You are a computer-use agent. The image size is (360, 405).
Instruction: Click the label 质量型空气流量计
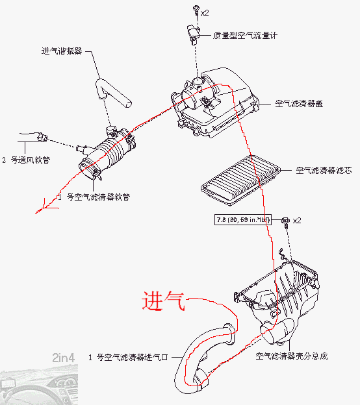[246, 36]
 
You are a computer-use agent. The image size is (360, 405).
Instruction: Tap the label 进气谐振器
[62, 51]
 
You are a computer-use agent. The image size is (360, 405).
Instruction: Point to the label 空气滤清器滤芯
[324, 171]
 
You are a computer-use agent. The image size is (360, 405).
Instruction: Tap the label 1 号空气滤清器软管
[94, 196]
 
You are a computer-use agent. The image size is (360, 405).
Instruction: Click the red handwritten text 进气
[164, 301]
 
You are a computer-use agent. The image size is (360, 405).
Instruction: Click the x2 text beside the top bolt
[205, 12]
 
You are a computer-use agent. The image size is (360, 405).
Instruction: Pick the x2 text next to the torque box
[297, 221]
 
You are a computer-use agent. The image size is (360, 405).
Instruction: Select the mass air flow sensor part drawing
[193, 31]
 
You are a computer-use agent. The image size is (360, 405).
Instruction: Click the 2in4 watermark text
[63, 356]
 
